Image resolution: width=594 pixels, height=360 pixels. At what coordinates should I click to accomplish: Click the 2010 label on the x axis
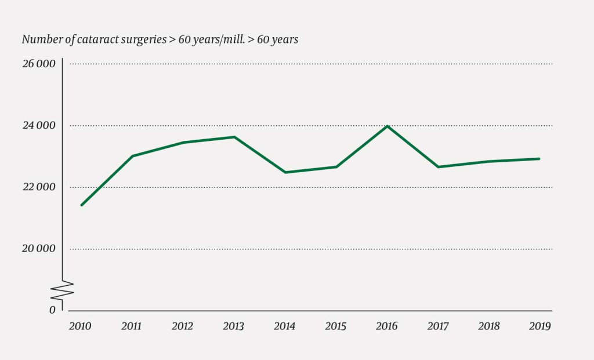(80, 326)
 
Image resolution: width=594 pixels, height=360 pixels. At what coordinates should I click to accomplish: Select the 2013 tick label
(234, 326)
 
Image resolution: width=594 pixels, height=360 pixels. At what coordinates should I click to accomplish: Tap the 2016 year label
(386, 326)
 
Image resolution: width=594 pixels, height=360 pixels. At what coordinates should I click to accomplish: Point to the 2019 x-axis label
(540, 326)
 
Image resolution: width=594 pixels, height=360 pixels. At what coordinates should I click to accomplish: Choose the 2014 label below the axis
(284, 326)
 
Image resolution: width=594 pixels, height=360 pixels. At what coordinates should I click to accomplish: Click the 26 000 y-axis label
(39, 64)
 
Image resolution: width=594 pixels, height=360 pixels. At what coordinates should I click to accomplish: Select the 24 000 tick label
(39, 125)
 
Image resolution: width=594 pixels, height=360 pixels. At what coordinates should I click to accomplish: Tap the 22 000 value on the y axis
(39, 187)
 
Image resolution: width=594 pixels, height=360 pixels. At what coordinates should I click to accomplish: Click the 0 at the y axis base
(52, 310)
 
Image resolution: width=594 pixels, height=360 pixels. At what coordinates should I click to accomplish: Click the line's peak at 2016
(387, 126)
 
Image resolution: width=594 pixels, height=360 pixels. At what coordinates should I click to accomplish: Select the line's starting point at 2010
(81, 205)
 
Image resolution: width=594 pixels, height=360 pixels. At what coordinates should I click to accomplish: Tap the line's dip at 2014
(285, 172)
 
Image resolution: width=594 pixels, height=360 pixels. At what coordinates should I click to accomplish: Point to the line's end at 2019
(539, 158)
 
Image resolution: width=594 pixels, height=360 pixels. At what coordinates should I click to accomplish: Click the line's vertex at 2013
(234, 137)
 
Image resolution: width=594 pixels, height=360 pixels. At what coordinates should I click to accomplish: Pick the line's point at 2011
(132, 156)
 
